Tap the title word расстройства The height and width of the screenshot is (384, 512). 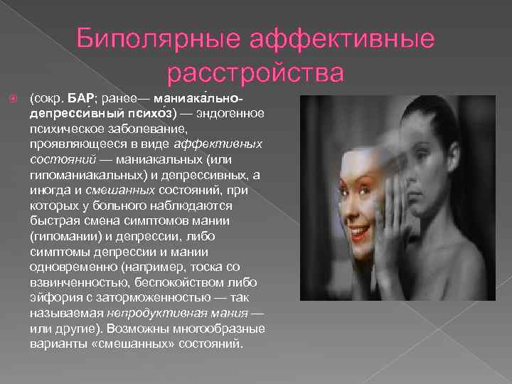click(x=256, y=72)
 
